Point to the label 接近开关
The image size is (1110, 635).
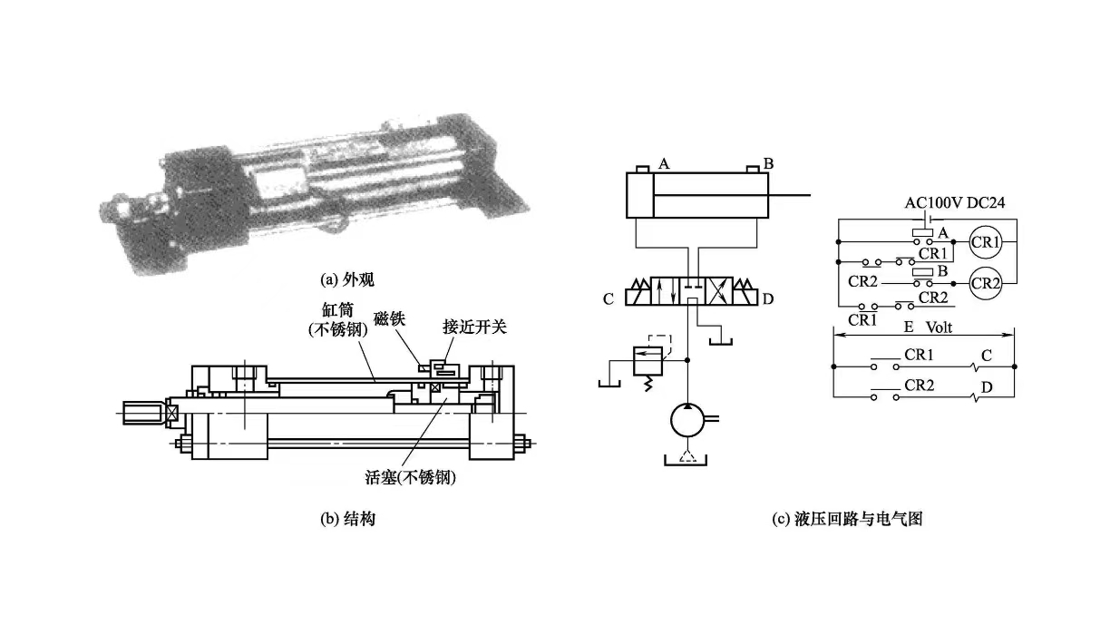(470, 325)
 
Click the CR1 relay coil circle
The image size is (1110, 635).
(985, 242)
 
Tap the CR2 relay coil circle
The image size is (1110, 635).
(985, 282)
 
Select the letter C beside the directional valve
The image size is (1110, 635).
(609, 298)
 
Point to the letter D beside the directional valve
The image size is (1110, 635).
(767, 298)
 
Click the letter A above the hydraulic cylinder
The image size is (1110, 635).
(664, 164)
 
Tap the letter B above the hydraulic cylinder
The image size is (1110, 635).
(768, 164)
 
